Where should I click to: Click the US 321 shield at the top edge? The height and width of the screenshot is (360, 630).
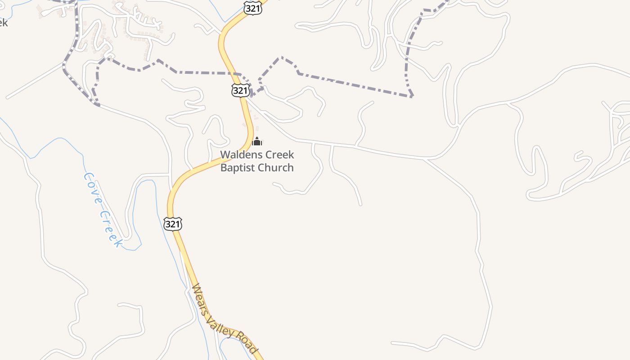click(253, 8)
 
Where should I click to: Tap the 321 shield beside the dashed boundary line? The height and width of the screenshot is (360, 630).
click(240, 90)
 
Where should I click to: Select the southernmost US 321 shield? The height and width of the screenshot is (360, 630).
click(173, 224)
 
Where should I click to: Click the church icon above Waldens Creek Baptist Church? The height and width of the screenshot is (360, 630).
click(257, 142)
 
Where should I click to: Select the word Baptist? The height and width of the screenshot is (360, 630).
click(237, 168)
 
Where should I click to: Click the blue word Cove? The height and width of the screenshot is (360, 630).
click(92, 187)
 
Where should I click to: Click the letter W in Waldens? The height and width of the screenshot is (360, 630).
click(224, 155)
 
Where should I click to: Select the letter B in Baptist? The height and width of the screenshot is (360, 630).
click(224, 168)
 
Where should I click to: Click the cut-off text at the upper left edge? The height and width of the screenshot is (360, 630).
click(3, 22)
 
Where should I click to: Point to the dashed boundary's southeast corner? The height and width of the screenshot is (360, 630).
click(411, 96)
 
